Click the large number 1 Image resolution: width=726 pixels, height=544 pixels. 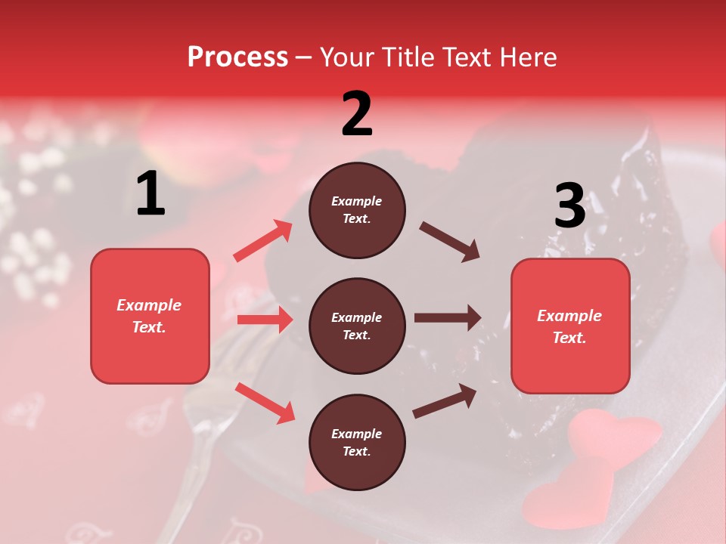click(x=150, y=194)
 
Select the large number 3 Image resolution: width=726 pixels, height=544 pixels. click(x=569, y=206)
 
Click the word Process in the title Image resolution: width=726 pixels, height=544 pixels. click(x=237, y=57)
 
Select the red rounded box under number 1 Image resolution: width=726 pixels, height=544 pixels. click(x=150, y=316)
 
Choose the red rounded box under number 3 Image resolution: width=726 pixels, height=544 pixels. click(x=570, y=326)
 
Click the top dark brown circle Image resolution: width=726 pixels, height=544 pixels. click(x=357, y=210)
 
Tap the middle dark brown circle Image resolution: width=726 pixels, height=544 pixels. click(x=357, y=326)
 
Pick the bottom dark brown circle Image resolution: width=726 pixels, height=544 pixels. click(x=357, y=442)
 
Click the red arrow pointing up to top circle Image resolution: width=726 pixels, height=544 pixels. click(x=263, y=241)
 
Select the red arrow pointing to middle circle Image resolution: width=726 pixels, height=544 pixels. click(x=265, y=320)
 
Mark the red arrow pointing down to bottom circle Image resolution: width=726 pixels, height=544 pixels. click(x=265, y=402)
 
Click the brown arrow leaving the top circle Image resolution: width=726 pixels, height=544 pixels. click(x=450, y=242)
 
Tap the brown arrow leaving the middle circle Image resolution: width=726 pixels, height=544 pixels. click(x=448, y=317)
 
